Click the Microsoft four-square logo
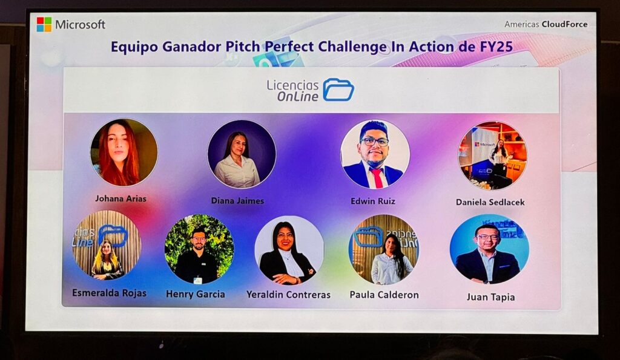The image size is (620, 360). [44, 24]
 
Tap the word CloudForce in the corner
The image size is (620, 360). [565, 24]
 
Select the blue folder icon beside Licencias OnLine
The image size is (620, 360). [338, 90]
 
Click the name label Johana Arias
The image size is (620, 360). [120, 198]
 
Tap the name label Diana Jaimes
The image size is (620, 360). [237, 201]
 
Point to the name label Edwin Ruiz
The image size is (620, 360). [373, 201]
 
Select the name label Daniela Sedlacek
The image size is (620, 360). [490, 202]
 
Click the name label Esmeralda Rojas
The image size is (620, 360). [109, 293]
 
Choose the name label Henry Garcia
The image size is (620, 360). [196, 294]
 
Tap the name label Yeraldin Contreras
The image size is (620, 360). [288, 295]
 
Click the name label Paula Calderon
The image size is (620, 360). [384, 295]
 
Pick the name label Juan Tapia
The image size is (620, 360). [490, 296]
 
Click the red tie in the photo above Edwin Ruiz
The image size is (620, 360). [377, 177]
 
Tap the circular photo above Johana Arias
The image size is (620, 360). [124, 152]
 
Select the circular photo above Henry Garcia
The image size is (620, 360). [199, 249]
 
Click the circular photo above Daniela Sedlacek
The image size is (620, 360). [492, 155]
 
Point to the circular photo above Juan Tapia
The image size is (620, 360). [489, 249]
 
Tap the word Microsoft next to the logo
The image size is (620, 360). [81, 24]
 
